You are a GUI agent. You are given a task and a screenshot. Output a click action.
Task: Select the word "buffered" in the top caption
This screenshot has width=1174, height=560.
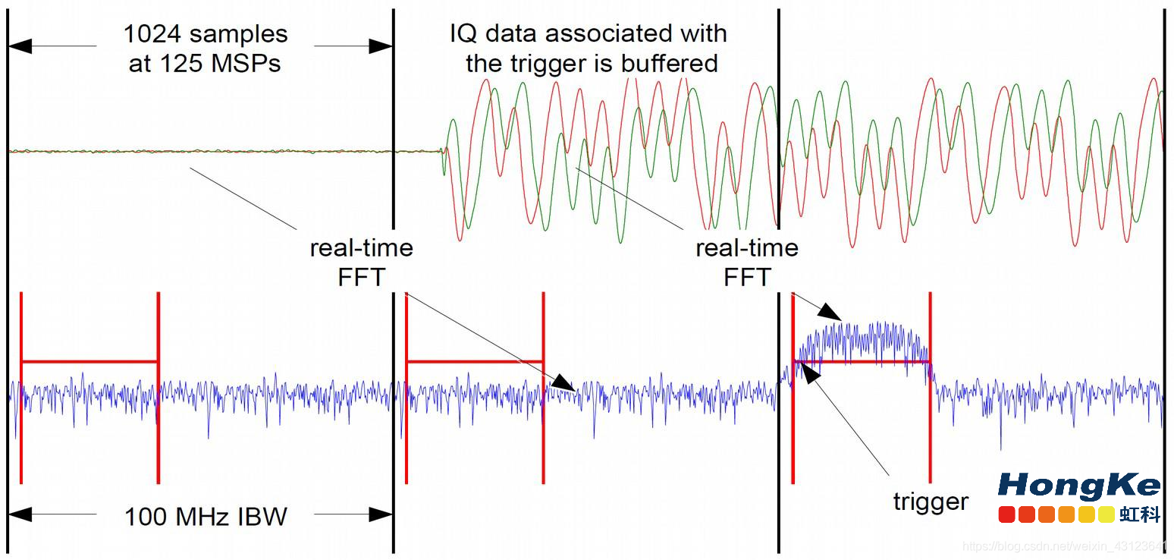tap(668, 64)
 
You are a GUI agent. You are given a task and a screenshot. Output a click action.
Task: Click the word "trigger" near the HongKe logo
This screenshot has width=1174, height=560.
tap(930, 502)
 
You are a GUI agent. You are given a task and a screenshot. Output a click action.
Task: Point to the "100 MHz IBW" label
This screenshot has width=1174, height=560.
tap(206, 517)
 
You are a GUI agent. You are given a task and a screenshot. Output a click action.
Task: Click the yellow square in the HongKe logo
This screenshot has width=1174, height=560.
tap(1106, 514)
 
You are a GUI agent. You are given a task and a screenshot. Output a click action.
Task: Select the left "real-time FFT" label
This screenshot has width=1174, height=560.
tap(362, 262)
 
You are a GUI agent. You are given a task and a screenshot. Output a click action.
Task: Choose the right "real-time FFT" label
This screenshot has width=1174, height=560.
tap(747, 262)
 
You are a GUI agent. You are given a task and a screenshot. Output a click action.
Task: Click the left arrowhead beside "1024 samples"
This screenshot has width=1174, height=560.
tap(20, 46)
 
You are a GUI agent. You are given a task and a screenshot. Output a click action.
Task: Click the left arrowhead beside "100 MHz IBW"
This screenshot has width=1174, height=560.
tap(20, 515)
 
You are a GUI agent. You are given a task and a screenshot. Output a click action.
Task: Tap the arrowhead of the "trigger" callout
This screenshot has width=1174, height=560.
tap(808, 371)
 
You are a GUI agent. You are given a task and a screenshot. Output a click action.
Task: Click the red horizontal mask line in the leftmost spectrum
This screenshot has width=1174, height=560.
tap(89, 361)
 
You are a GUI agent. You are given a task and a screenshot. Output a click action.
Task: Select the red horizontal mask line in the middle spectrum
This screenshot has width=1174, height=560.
tap(475, 361)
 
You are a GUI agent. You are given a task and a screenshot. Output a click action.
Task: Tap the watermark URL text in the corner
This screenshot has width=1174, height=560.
tap(1066, 547)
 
